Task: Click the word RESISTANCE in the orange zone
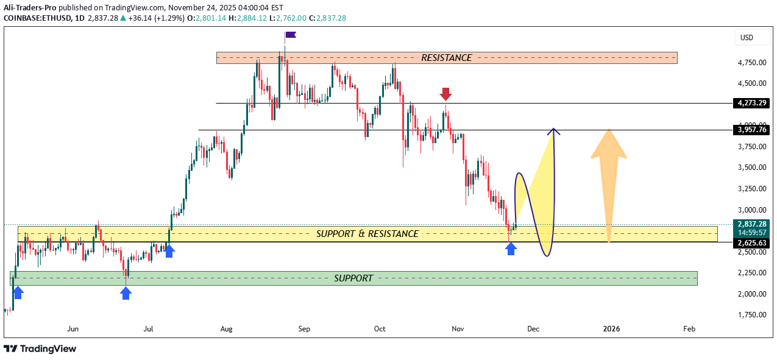(x=446, y=58)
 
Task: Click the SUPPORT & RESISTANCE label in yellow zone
(x=367, y=234)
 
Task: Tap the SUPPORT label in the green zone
(x=353, y=278)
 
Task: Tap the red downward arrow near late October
(x=446, y=94)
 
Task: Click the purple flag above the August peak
(x=290, y=35)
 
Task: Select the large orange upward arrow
(x=608, y=183)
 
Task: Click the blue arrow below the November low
(x=511, y=248)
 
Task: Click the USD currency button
(x=747, y=38)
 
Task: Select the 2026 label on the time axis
(x=611, y=329)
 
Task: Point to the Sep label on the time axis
(x=304, y=329)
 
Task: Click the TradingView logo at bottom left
(x=40, y=348)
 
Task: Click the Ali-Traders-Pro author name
(x=30, y=7)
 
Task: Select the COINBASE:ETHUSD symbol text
(x=35, y=18)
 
